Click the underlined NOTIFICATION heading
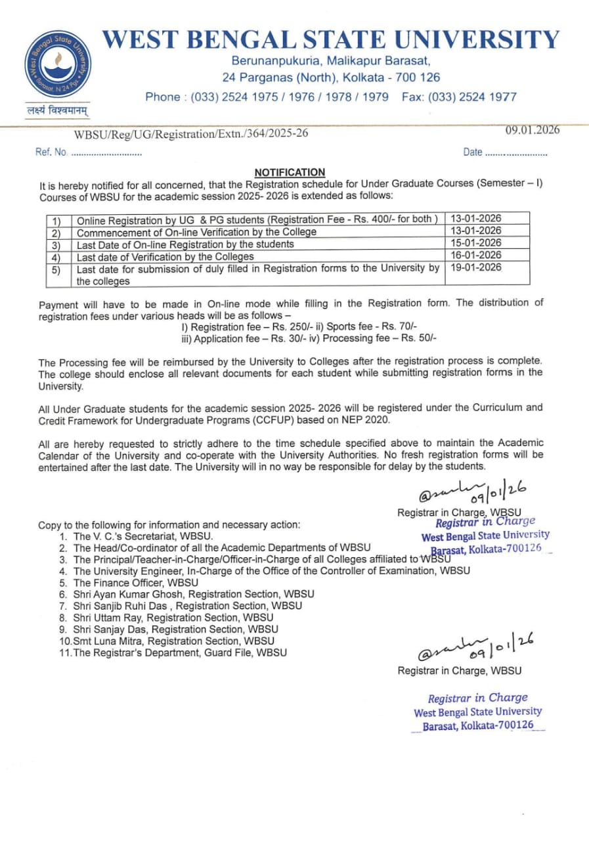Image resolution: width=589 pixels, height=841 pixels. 290,172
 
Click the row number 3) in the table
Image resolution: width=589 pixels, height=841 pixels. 56,244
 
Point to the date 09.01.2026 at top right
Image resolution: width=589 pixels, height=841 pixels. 533,129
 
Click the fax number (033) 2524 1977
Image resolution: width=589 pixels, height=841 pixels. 472,97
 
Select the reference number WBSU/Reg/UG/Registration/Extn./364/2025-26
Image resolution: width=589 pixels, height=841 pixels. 190,134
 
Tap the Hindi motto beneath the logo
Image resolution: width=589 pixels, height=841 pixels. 58,110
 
